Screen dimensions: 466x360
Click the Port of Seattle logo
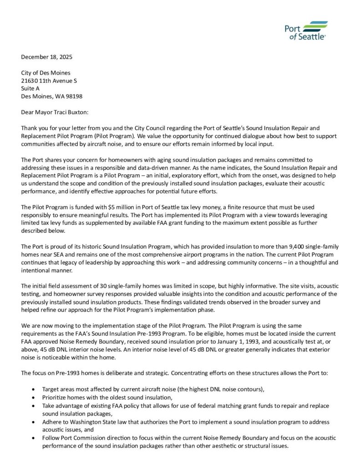305,30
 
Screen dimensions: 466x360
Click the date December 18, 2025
47,57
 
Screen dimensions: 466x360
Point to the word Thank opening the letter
29,128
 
